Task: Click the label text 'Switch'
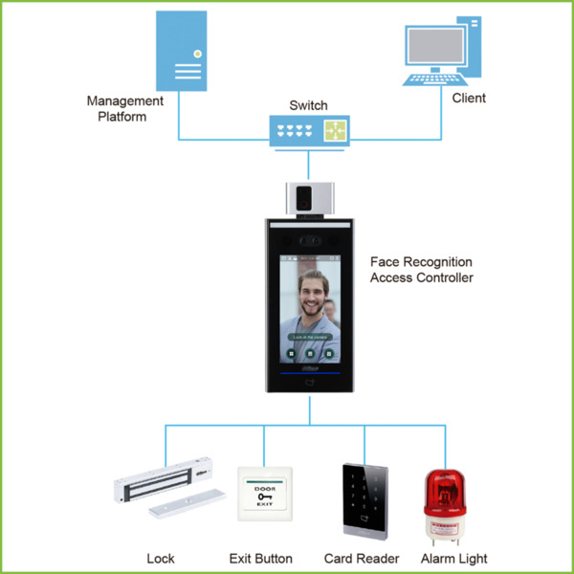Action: tap(308, 105)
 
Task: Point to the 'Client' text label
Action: tap(469, 98)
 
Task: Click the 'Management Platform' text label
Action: tap(124, 108)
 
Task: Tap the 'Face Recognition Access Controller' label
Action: tap(421, 269)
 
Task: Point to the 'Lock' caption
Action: tap(161, 558)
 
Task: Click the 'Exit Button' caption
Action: tap(261, 558)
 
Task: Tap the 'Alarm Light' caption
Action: tap(454, 558)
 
